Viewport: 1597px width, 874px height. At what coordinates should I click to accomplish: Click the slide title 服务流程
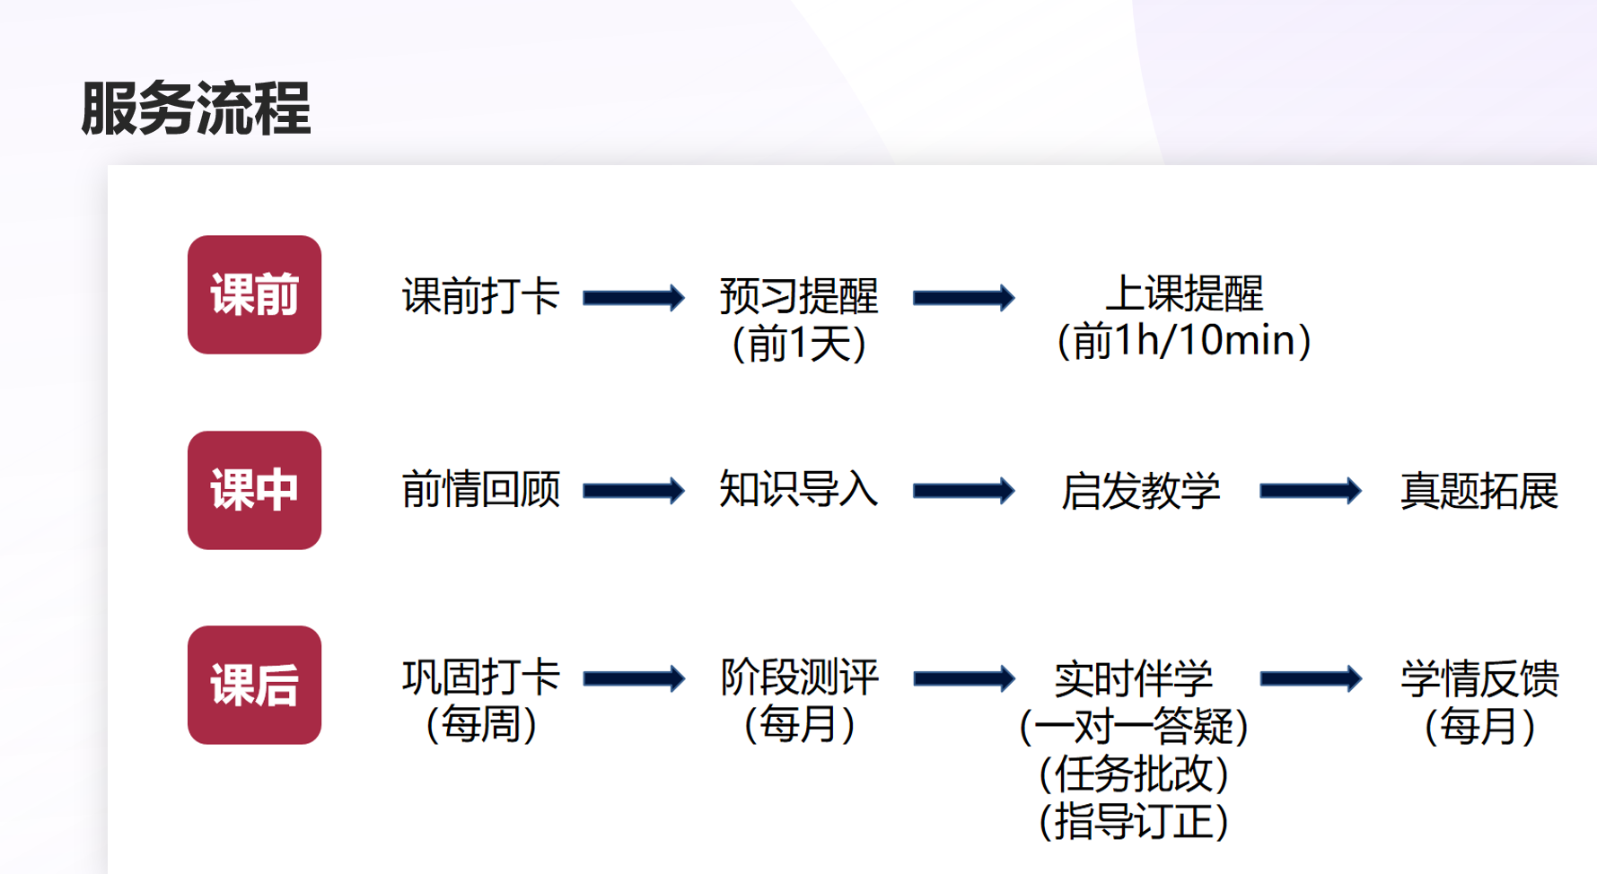click(x=196, y=109)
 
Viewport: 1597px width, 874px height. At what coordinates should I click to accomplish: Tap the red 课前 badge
click(x=254, y=294)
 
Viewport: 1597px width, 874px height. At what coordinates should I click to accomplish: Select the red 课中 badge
click(x=254, y=490)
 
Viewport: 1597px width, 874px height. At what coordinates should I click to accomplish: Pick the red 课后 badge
click(x=254, y=685)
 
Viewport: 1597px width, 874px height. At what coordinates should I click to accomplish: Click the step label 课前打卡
click(x=481, y=296)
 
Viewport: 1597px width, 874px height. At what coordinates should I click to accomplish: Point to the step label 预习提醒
click(x=798, y=296)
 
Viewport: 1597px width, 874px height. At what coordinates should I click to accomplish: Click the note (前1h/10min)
click(x=1184, y=342)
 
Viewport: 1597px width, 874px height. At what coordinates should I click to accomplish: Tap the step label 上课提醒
click(x=1184, y=293)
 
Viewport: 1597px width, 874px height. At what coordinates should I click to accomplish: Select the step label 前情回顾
click(x=481, y=490)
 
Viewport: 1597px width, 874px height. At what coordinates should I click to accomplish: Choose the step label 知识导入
click(x=798, y=490)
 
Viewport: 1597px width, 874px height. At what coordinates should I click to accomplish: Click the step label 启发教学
click(x=1140, y=491)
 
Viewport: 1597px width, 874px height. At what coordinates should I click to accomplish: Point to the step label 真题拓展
click(x=1479, y=491)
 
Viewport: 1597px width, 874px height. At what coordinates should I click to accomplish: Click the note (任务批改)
click(x=1133, y=774)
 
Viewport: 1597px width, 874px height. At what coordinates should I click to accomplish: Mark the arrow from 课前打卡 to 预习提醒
click(x=634, y=298)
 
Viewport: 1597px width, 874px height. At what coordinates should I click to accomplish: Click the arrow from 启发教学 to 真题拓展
click(x=1311, y=491)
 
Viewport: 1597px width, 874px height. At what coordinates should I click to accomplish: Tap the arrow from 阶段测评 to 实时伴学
click(x=964, y=678)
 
